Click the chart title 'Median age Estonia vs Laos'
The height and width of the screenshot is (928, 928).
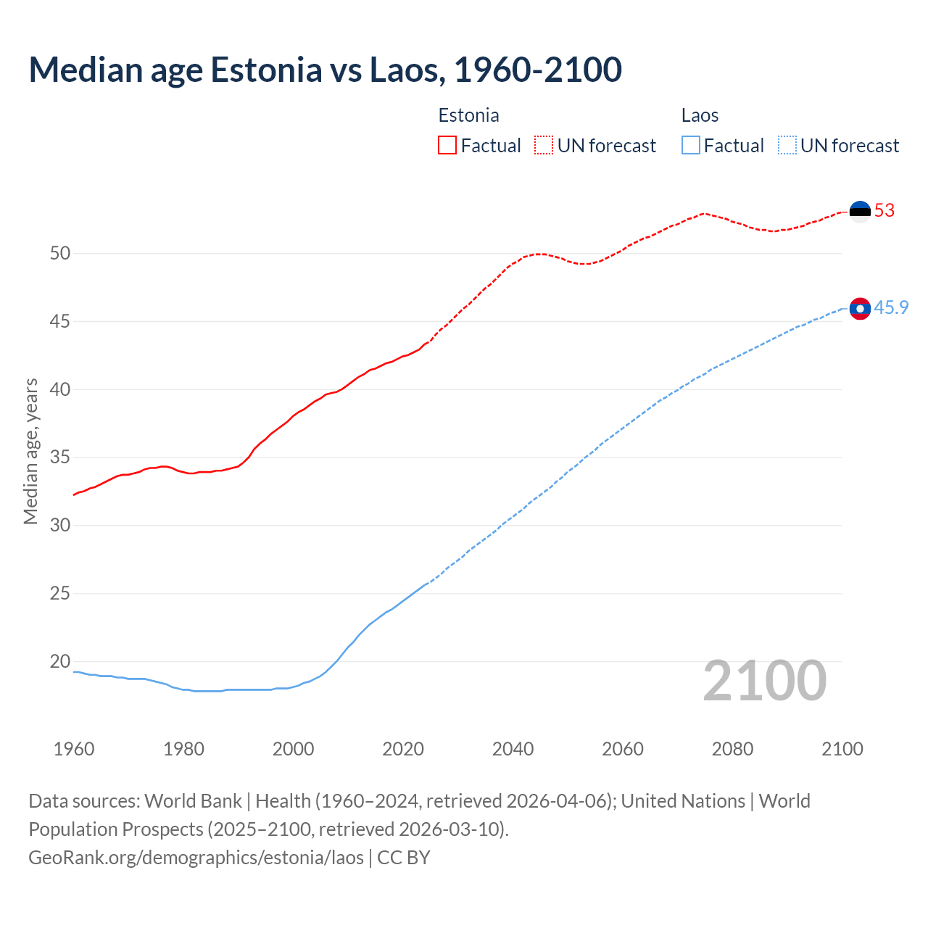325,70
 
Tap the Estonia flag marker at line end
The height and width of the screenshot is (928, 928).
860,211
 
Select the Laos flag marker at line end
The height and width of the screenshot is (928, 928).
860,309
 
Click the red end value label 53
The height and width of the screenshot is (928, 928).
884,211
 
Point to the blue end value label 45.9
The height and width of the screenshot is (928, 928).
891,308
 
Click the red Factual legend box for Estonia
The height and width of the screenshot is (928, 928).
447,146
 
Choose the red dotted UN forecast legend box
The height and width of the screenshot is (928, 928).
544,146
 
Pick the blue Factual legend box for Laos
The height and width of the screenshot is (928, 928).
691,146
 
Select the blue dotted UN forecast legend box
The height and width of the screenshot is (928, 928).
787,146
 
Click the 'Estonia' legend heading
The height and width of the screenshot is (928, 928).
468,116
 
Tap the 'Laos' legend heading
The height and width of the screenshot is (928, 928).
700,116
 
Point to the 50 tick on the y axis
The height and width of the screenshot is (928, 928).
60,253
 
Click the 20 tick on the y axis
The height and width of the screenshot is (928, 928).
60,661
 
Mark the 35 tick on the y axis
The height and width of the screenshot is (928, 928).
60,457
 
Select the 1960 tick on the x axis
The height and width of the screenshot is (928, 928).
74,749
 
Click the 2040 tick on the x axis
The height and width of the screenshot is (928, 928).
513,749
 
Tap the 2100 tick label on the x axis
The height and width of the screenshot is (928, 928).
842,749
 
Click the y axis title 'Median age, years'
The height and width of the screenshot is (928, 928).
30,451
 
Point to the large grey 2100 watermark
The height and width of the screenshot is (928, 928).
765,681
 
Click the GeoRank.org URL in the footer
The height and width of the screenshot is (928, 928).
196,858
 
